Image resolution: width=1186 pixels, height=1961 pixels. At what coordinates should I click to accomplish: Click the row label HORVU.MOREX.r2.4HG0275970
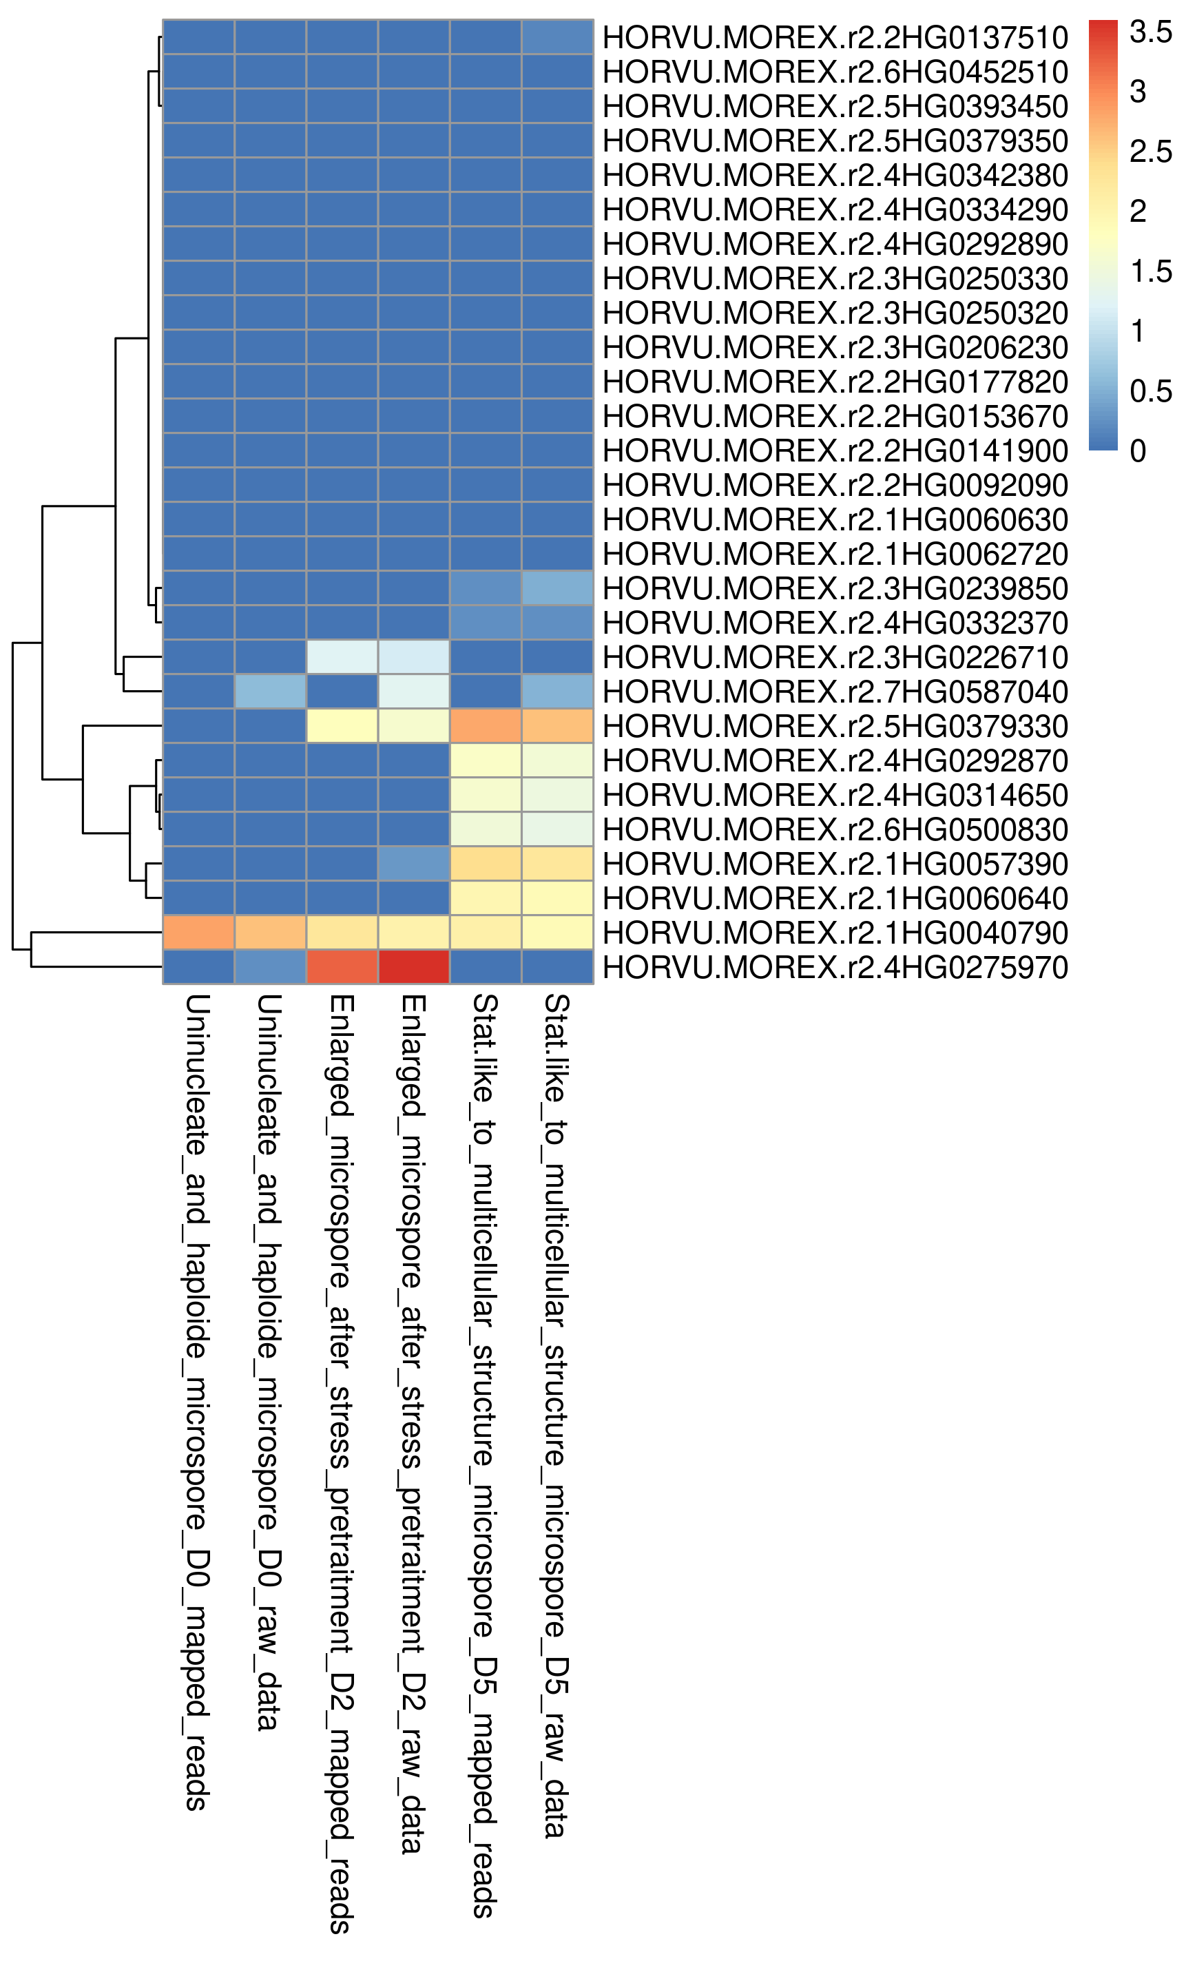[835, 968]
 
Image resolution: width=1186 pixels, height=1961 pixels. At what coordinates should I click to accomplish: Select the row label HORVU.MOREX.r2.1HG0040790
[835, 933]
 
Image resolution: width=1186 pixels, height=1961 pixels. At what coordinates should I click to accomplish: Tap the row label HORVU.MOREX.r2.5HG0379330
[835, 726]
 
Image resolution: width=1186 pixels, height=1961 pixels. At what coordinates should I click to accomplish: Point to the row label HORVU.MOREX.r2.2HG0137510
[835, 37]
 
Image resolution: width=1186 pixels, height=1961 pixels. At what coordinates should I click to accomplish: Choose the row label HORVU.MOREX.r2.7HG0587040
[835, 692]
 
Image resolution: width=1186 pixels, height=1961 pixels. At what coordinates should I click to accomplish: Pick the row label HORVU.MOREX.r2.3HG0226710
[835, 657]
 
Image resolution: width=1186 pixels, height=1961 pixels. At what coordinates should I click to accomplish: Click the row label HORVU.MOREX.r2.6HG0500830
[835, 829]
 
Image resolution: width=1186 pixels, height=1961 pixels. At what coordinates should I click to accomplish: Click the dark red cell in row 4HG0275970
[414, 967]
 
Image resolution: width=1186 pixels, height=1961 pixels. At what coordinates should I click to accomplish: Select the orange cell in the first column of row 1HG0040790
[199, 933]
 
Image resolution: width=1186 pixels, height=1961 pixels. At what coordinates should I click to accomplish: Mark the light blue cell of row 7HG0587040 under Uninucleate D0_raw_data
[271, 692]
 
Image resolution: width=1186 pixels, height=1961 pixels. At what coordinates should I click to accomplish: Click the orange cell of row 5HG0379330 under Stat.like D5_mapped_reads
[486, 726]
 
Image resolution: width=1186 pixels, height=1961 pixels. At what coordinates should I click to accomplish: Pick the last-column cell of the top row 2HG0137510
[557, 37]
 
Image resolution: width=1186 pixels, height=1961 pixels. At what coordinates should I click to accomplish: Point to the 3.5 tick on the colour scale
[1150, 32]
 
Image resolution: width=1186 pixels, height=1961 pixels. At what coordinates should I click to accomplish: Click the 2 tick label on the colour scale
[1138, 211]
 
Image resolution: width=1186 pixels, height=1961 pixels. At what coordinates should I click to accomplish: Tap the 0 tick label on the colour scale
[1138, 450]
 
